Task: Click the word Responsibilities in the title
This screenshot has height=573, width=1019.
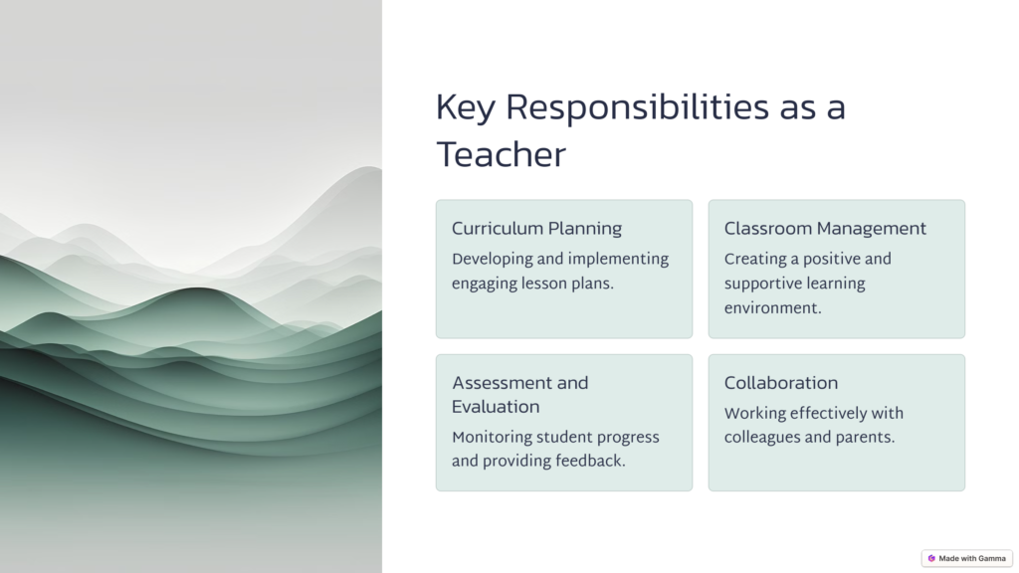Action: click(x=638, y=107)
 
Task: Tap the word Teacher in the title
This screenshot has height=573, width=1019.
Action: click(x=502, y=155)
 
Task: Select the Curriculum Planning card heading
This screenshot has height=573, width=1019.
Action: click(x=536, y=229)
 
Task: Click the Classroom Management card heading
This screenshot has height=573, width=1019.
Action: click(x=825, y=229)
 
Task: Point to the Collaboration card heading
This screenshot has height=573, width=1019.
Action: click(x=781, y=383)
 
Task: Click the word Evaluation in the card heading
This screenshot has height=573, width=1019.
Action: click(x=496, y=407)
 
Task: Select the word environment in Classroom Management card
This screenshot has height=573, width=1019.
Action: click(x=772, y=308)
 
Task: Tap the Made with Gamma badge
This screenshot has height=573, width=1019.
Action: click(x=967, y=558)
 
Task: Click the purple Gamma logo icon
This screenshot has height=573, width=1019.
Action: click(x=931, y=558)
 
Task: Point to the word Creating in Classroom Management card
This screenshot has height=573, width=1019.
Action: click(x=754, y=260)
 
